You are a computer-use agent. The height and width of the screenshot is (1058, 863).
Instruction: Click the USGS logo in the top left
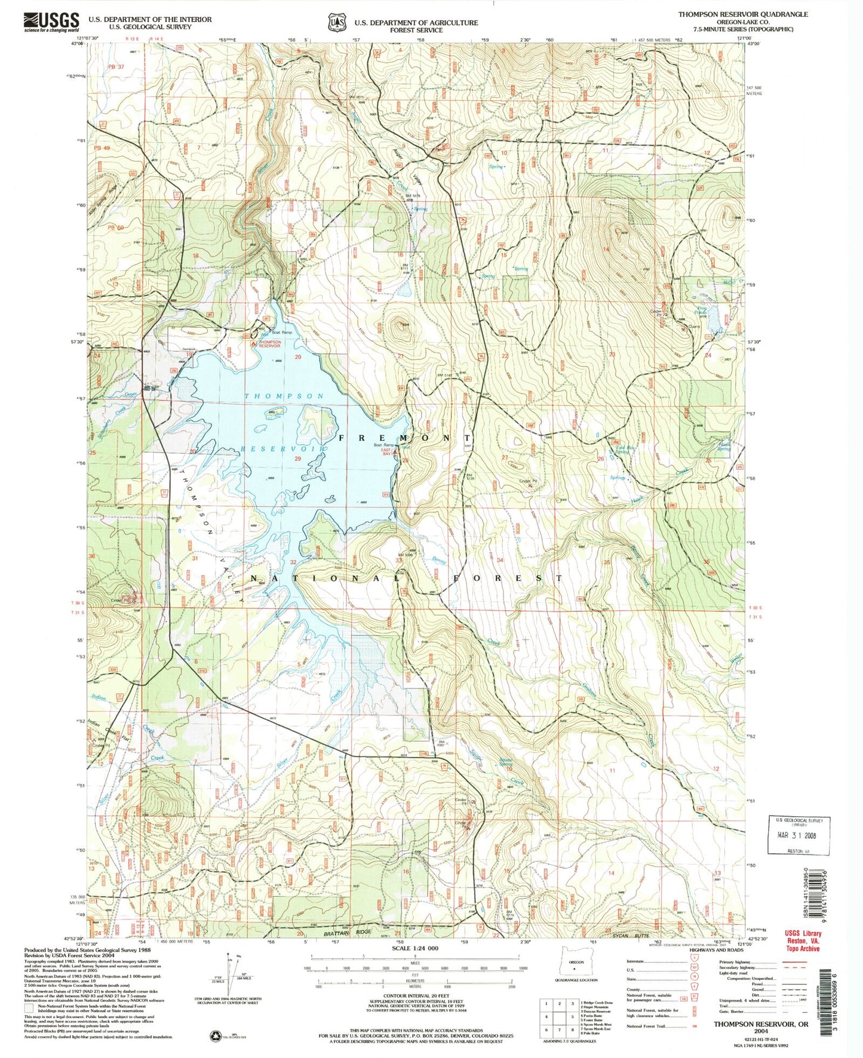51,22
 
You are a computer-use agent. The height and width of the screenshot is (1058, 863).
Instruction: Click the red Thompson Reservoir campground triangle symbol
254,343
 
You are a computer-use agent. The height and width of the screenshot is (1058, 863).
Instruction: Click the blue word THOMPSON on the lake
284,396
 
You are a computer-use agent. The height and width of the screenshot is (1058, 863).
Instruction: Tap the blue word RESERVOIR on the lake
283,448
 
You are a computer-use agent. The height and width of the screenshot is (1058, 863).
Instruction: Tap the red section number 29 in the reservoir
297,458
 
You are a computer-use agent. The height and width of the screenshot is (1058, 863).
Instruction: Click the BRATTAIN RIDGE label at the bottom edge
348,931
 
